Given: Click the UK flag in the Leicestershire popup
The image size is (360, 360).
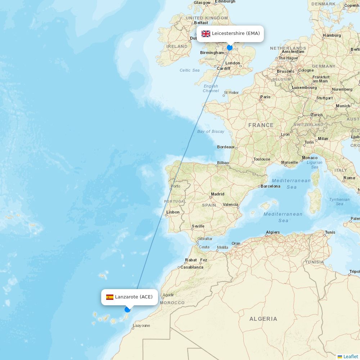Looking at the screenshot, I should tap(206, 34).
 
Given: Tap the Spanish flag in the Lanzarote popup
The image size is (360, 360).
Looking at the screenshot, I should tap(110, 297).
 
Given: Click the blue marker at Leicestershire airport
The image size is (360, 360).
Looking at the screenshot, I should tap(230, 48).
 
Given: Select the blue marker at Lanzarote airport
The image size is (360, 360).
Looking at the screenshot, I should tap(127, 310).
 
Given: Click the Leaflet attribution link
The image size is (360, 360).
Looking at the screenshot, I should tap(350, 356).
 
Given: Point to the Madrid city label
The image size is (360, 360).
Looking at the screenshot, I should tap(217, 194).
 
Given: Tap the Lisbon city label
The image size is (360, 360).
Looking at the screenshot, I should tap(173, 212).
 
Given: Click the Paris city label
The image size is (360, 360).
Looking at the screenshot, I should tap(265, 97).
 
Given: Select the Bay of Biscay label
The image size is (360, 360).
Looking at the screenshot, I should tap(211, 131).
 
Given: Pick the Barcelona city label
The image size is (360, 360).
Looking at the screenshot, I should tap(270, 186).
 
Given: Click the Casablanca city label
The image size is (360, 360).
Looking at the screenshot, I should tap(192, 267).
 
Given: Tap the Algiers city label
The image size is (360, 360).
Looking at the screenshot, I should tap(273, 232).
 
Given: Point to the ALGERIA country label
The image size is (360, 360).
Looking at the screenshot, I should tap(264, 319).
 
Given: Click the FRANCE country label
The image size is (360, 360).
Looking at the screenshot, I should tap(261, 125).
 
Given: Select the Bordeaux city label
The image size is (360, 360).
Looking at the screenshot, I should tap(226, 147).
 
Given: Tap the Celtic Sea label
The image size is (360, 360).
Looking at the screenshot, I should tap(190, 70).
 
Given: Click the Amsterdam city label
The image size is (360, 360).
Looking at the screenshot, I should tap(293, 51).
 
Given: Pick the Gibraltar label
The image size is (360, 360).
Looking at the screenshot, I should tap(205, 239).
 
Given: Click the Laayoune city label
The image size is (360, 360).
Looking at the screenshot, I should tap(141, 325).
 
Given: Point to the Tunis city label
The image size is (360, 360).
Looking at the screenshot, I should tap(330, 232).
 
